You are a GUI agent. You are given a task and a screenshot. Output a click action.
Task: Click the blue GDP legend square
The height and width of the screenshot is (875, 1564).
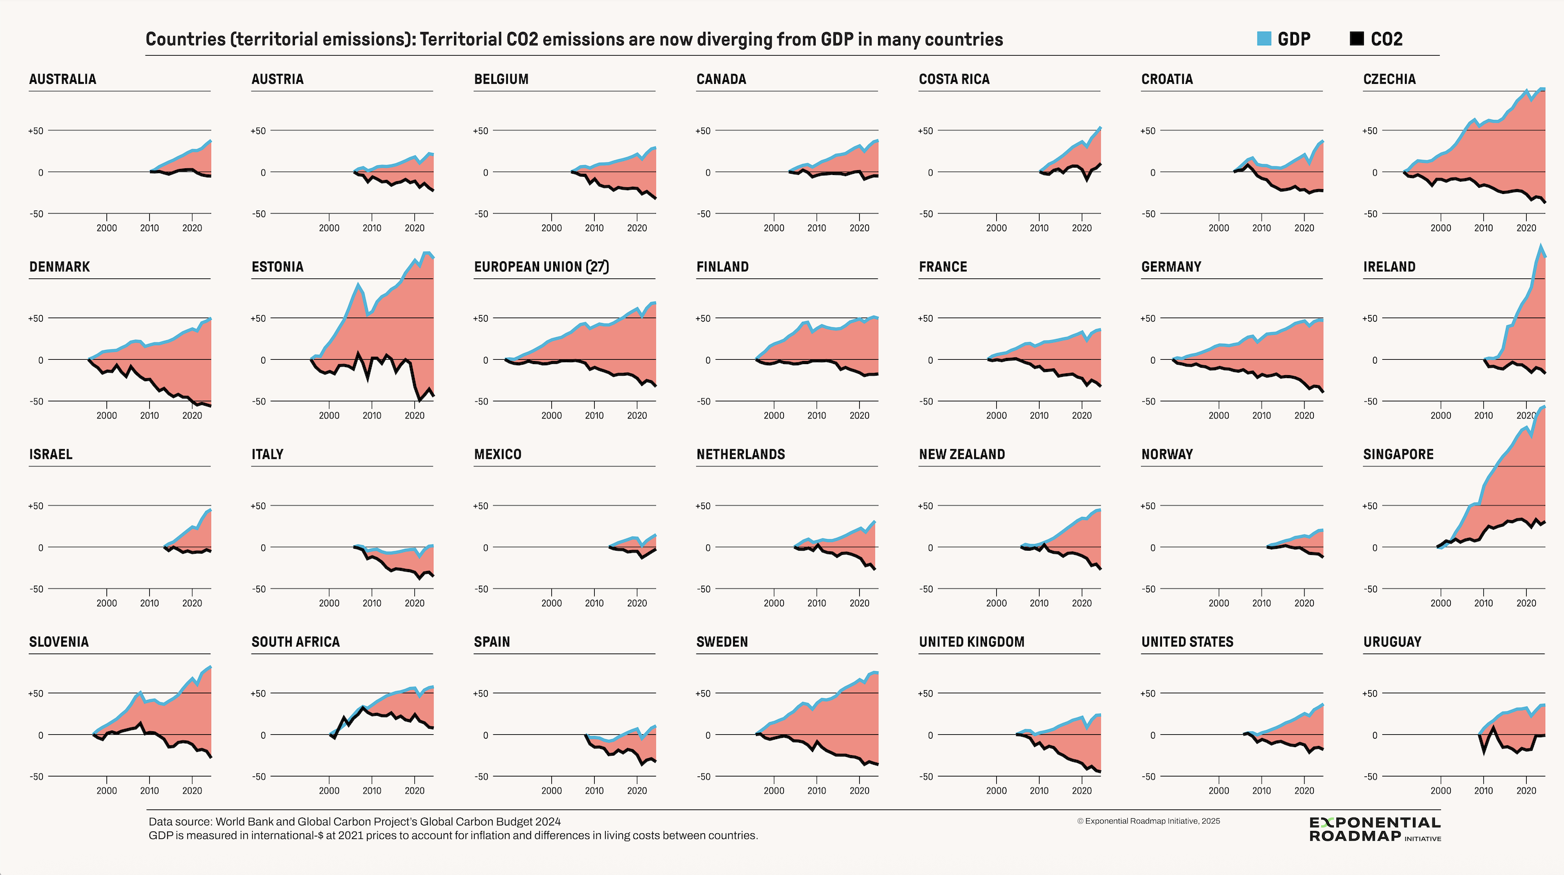click(x=1264, y=39)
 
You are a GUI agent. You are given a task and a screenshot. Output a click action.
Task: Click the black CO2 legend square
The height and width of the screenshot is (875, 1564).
click(x=1357, y=39)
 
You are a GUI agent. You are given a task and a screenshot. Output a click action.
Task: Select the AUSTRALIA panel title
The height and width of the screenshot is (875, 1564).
click(x=62, y=79)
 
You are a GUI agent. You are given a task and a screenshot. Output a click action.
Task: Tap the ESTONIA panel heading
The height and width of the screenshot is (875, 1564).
click(x=277, y=267)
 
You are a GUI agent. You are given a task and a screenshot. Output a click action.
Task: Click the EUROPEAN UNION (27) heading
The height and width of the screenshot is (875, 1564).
click(x=541, y=267)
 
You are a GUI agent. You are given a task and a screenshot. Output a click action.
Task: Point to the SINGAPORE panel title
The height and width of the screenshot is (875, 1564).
click(x=1398, y=454)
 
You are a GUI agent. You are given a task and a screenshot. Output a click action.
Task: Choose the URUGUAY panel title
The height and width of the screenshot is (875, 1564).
click(x=1392, y=642)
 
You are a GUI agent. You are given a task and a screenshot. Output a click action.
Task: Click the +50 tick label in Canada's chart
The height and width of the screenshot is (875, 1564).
click(x=703, y=131)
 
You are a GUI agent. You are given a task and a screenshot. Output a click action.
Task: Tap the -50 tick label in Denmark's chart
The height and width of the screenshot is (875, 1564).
click(x=36, y=401)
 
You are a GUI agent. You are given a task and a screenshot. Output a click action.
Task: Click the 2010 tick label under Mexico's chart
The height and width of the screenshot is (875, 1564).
click(x=594, y=603)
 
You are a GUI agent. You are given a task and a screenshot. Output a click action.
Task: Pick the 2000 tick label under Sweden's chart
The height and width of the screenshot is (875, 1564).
click(x=773, y=791)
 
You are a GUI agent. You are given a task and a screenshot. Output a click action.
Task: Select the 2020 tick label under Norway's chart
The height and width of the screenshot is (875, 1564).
click(x=1304, y=603)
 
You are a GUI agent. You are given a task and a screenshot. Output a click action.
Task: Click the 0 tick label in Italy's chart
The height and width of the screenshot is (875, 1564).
click(x=263, y=548)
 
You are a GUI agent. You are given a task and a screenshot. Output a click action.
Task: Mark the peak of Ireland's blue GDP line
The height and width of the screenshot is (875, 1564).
click(x=1541, y=245)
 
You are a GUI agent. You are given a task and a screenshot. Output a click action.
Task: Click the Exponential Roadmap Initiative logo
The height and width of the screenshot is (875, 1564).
click(x=1374, y=829)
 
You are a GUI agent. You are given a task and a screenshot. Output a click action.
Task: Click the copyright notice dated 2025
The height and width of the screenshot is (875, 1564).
click(x=1148, y=821)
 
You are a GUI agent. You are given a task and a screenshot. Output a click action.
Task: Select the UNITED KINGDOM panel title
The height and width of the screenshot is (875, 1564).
click(x=971, y=642)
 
